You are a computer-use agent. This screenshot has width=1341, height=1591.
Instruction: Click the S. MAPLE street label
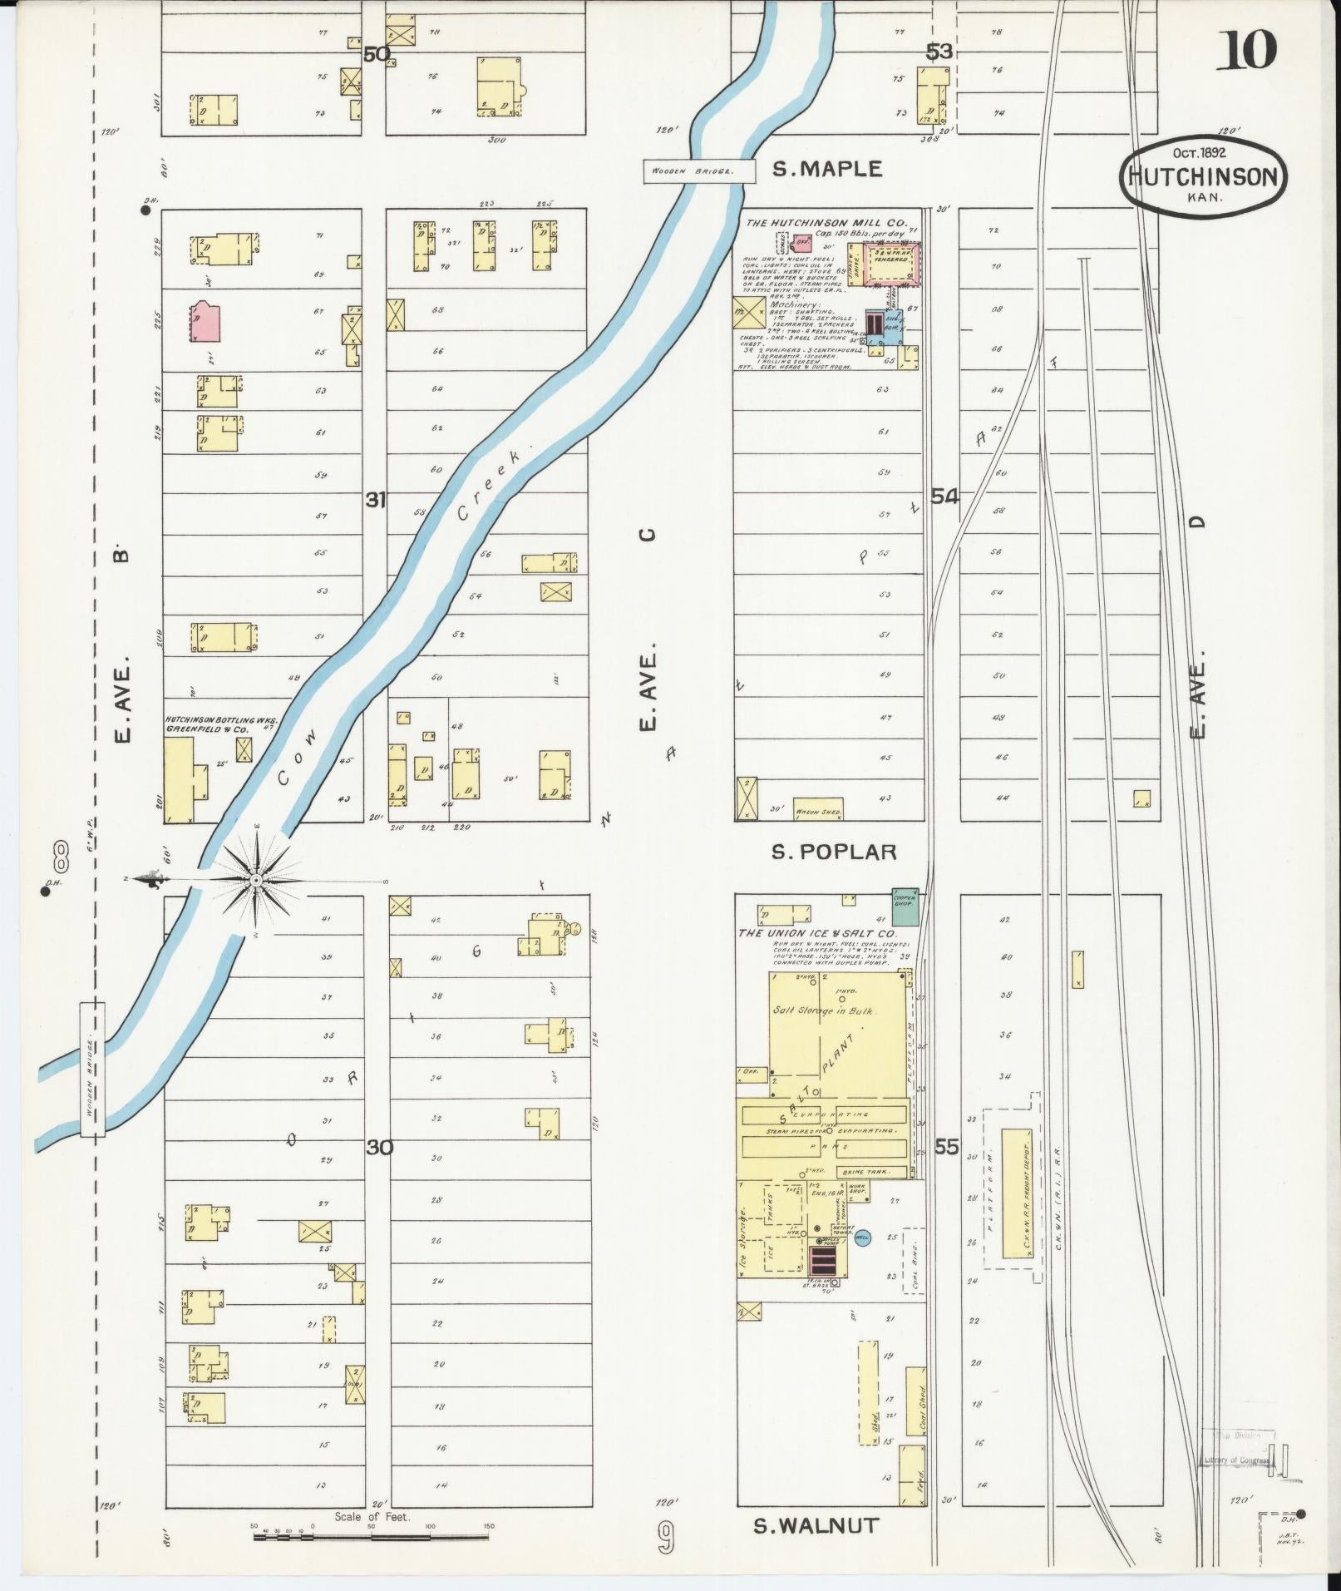click(x=826, y=169)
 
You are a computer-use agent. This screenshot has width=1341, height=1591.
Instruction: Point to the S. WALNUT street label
click(x=816, y=1525)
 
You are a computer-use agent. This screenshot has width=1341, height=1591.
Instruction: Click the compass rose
click(x=257, y=879)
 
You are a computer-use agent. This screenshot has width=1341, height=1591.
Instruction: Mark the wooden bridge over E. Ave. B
click(x=92, y=1069)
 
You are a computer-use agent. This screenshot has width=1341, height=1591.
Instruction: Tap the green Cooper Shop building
click(x=905, y=907)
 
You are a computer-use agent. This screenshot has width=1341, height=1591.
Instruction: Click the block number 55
click(x=946, y=1148)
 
